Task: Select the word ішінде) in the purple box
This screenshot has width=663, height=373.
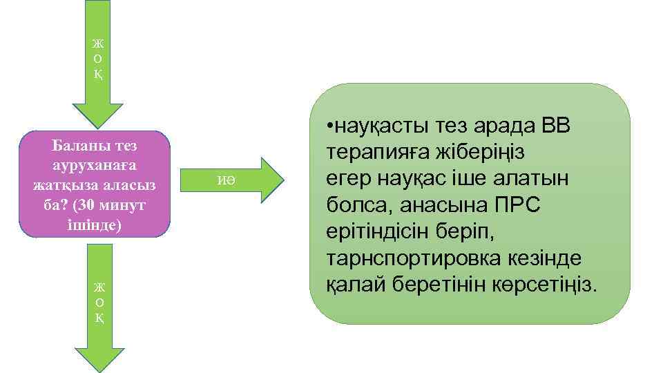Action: click(95, 225)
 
